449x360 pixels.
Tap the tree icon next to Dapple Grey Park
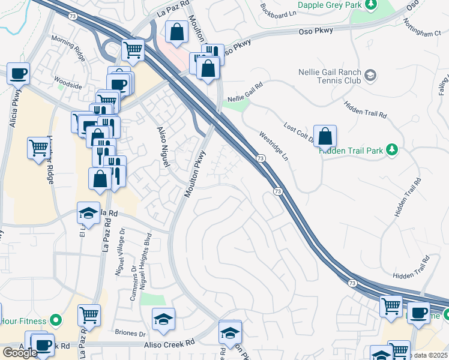(x=371, y=5)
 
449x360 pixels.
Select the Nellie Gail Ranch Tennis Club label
(x=330, y=76)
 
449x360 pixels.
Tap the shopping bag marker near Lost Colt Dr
(x=325, y=137)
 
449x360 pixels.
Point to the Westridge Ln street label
(x=274, y=146)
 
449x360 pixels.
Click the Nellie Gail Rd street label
(x=245, y=92)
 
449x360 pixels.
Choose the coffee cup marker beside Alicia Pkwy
(x=19, y=73)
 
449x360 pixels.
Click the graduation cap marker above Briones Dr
(x=163, y=321)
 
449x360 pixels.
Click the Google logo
(x=20, y=353)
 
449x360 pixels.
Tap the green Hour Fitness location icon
(x=55, y=320)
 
